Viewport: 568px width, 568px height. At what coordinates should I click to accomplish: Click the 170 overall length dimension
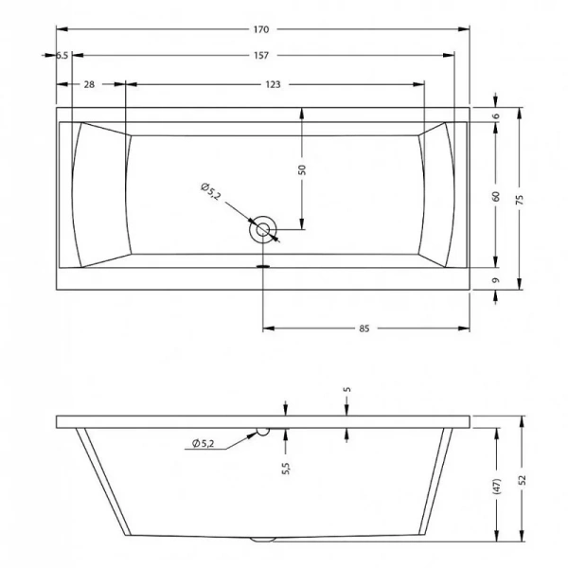coord(261,29)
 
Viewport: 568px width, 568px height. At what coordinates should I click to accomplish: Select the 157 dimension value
coord(261,56)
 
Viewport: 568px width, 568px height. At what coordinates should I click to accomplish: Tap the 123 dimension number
coord(273,84)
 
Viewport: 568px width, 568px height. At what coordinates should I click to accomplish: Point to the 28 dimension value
coord(89,84)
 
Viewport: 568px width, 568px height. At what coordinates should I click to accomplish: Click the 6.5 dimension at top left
coord(62,56)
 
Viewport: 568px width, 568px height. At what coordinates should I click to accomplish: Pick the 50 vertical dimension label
coord(302,169)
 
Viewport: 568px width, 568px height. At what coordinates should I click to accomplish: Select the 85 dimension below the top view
coord(364,328)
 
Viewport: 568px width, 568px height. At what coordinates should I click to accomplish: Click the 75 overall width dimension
coord(520,200)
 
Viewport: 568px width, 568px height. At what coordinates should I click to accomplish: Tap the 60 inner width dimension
coord(496,196)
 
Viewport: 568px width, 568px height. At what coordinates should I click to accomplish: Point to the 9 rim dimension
coord(496,280)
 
